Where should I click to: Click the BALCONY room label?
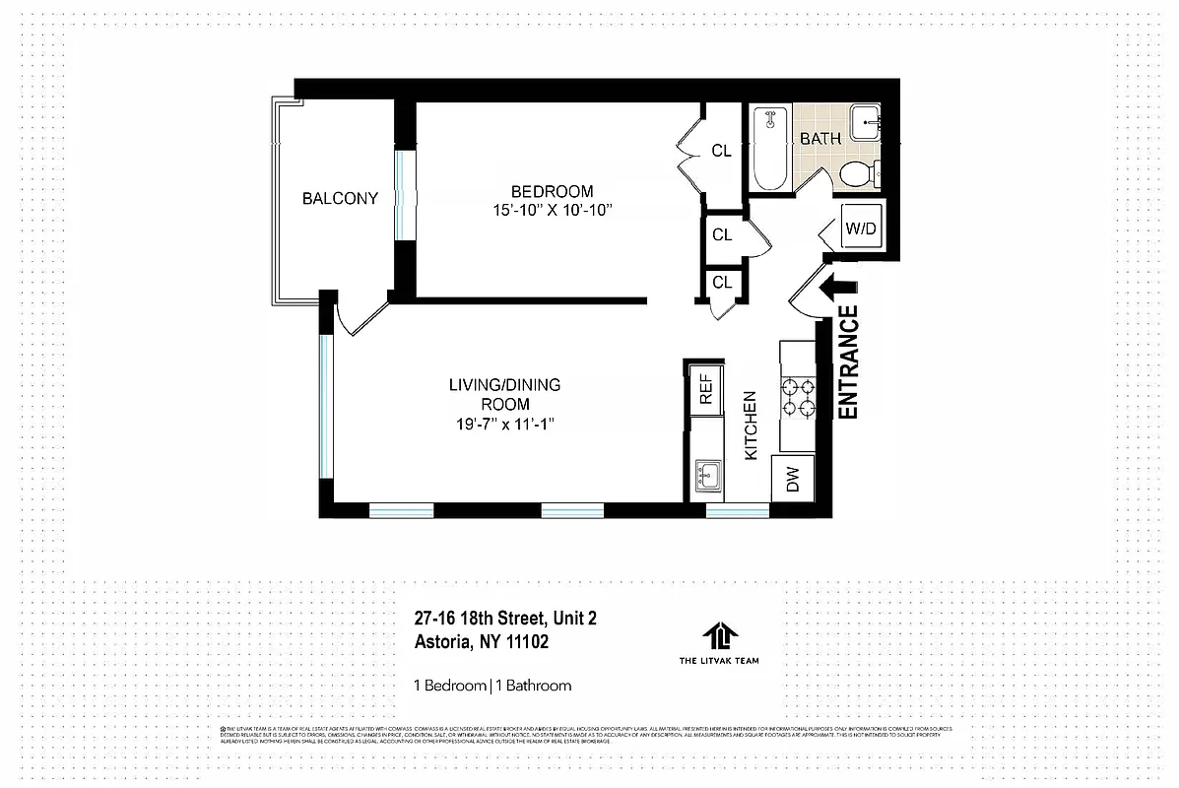[x=340, y=198]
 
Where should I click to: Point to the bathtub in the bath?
[x=769, y=149]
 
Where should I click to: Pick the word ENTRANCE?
[x=848, y=363]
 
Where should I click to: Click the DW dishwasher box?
[x=794, y=480]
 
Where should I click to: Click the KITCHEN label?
[x=750, y=426]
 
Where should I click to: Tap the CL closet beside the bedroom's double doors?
[x=722, y=151]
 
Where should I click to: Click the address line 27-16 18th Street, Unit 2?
[x=505, y=619]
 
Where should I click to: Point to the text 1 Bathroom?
[x=533, y=686]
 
